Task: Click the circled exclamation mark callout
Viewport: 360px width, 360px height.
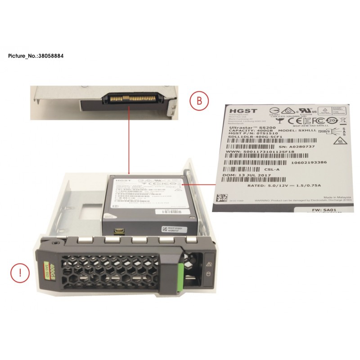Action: [x=18, y=273]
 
